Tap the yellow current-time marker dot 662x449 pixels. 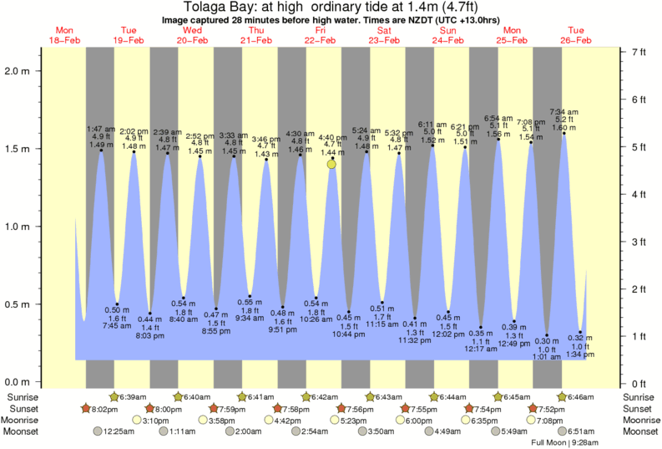click(x=332, y=165)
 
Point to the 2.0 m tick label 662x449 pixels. click(x=18, y=71)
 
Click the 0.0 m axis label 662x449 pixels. click(x=18, y=382)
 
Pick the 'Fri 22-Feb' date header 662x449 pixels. click(x=321, y=35)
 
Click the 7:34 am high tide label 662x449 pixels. click(x=564, y=112)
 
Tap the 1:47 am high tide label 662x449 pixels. click(x=102, y=130)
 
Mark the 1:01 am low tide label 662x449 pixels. click(x=548, y=357)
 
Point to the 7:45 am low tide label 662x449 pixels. click(x=117, y=326)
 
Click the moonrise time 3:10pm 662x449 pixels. click(x=155, y=421)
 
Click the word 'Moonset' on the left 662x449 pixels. click(x=23, y=432)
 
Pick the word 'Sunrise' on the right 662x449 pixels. click(x=639, y=397)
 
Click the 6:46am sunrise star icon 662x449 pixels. click(x=563, y=397)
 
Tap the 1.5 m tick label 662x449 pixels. click(x=18, y=149)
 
